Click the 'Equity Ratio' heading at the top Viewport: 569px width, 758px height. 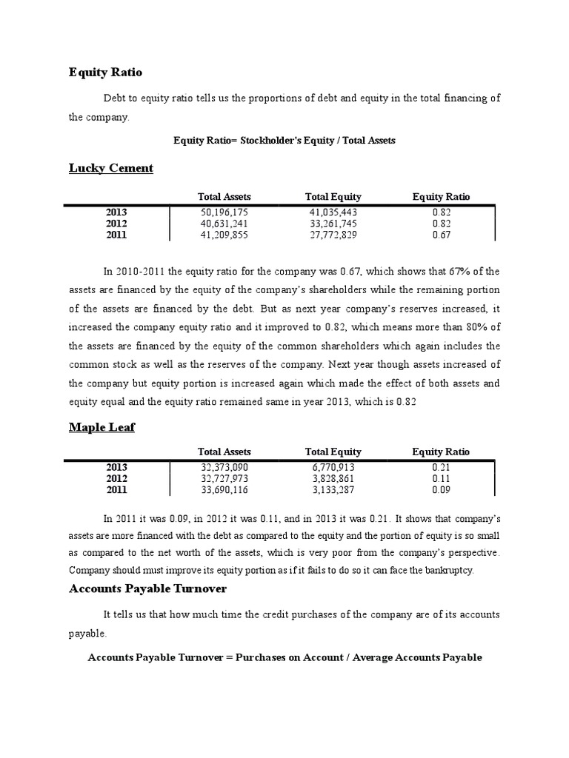[x=105, y=73]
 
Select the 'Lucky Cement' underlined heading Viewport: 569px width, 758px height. [x=111, y=168]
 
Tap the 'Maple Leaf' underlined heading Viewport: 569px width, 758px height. [x=102, y=427]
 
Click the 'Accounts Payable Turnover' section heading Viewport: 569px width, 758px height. [x=147, y=588]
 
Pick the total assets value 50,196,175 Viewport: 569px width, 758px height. [x=224, y=212]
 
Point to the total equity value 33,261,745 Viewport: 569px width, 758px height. [x=333, y=224]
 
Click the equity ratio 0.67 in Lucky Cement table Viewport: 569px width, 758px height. [x=442, y=235]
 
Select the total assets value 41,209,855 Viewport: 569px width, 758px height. [x=224, y=235]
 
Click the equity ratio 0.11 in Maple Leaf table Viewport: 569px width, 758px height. [x=442, y=478]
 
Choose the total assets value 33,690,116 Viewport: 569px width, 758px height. [x=224, y=489]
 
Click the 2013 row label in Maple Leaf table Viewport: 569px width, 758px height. [x=116, y=467]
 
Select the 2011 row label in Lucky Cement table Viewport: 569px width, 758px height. [x=116, y=235]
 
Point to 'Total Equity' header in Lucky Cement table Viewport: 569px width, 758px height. [x=333, y=197]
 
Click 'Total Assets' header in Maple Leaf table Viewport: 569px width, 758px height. [x=224, y=452]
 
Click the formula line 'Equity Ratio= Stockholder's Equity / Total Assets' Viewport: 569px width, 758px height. [x=284, y=140]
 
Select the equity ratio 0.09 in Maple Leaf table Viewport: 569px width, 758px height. [x=442, y=489]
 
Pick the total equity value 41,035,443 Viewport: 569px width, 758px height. [x=333, y=212]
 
